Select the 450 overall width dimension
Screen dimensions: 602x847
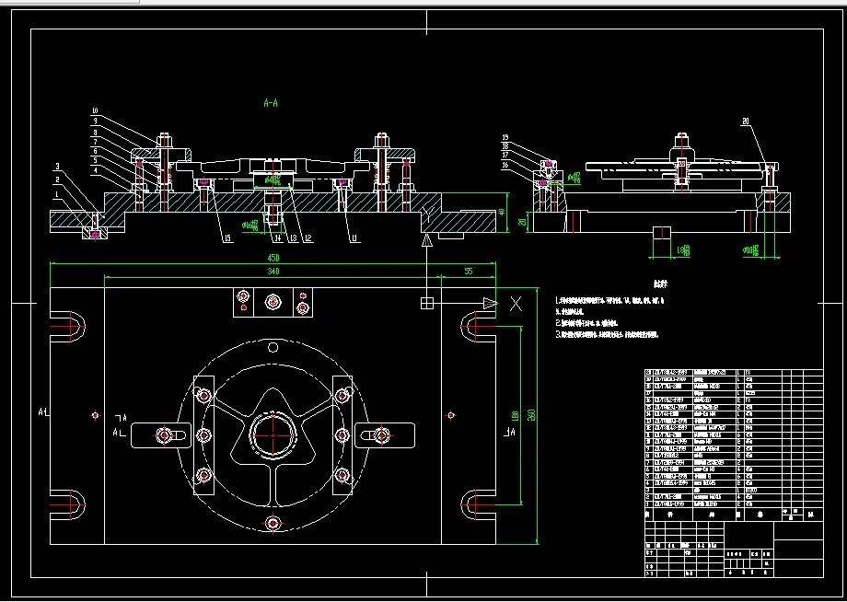pos(273,258)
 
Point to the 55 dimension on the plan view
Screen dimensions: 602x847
pos(469,272)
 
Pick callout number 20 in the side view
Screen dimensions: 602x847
pos(746,121)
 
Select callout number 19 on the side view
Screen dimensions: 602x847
pos(505,137)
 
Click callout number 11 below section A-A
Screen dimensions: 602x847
pos(354,237)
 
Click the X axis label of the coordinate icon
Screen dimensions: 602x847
pos(516,303)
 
